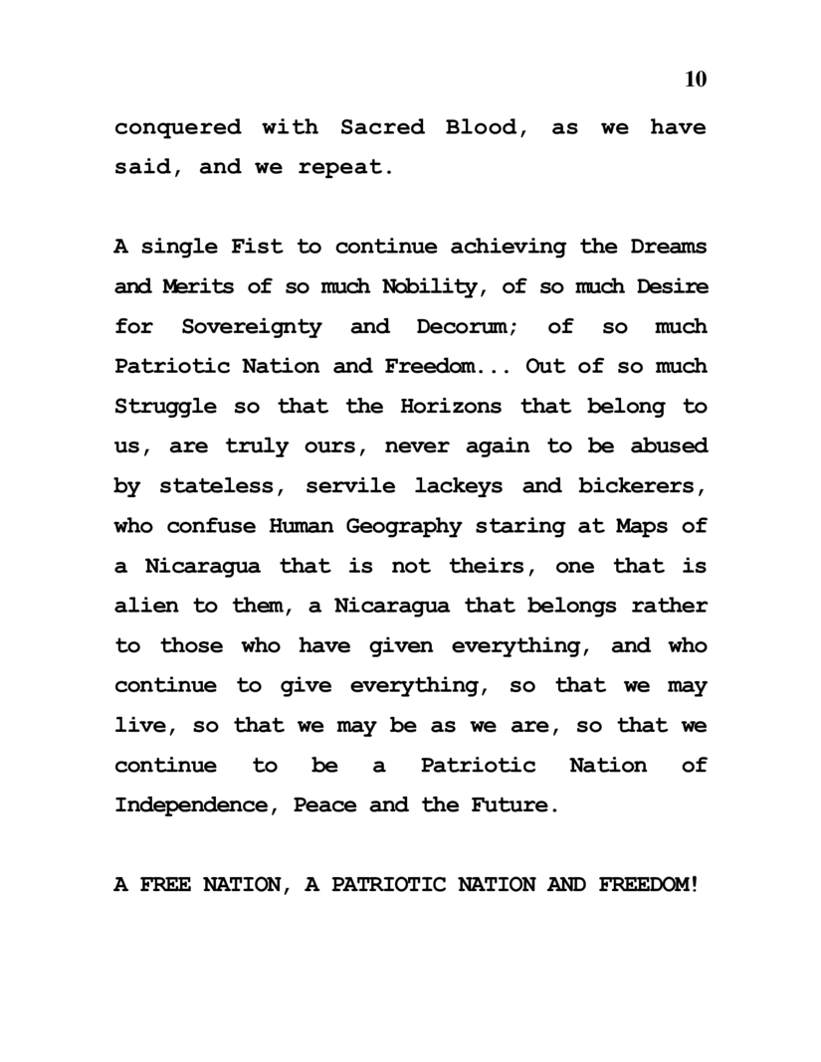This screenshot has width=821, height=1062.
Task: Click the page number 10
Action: [696, 80]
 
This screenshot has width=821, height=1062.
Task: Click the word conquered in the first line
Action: [178, 127]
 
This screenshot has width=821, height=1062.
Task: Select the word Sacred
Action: [382, 127]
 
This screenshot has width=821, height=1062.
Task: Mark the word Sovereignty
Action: [252, 326]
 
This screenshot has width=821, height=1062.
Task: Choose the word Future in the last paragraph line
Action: [509, 805]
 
